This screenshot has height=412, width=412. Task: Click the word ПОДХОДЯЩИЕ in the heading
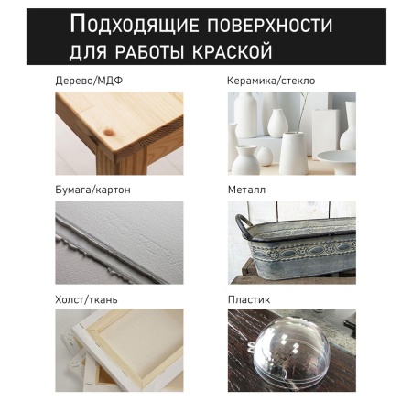coord(134,22)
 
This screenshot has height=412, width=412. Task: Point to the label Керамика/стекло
coord(271,81)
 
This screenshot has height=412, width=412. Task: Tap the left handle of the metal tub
coord(241,223)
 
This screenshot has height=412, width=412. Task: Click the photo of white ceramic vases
coord(291,134)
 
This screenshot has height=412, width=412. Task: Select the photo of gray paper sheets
coord(119,243)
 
